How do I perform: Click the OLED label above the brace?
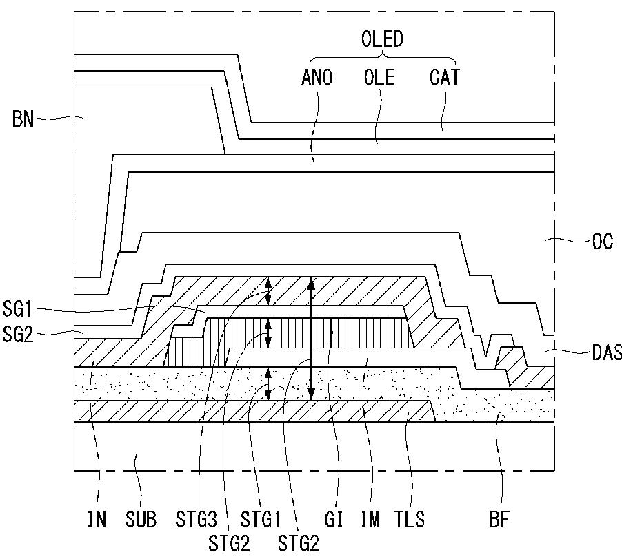coord(382,39)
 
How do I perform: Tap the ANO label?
coord(317,77)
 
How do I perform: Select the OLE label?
coord(379,77)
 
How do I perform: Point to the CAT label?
coord(444,77)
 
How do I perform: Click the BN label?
coord(23,119)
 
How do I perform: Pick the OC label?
coord(603,241)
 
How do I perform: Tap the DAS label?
coord(607,352)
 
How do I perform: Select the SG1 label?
coord(17,308)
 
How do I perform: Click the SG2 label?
coord(17,334)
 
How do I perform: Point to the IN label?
coord(97,519)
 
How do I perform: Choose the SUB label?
coord(141,519)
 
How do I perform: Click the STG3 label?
coord(196,519)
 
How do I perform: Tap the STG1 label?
coord(260,519)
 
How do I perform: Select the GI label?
coord(333,519)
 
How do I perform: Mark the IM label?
coord(370,519)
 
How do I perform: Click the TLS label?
coord(410,519)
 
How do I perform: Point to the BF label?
coord(499,519)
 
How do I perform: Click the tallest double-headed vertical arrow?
coord(312,339)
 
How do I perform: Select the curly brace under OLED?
coord(383,59)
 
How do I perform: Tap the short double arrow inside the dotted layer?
coord(268,383)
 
